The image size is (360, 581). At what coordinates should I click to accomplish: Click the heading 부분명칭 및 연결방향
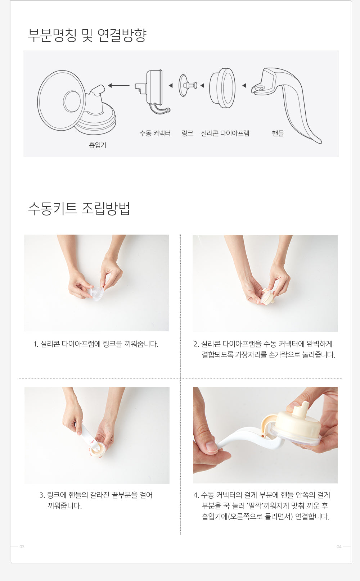(87, 35)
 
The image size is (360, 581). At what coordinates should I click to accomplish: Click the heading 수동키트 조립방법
(79, 209)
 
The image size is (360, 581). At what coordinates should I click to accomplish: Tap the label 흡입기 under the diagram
(98, 145)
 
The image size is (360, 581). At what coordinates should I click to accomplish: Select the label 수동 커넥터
(155, 133)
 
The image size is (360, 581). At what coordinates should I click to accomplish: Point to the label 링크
(188, 133)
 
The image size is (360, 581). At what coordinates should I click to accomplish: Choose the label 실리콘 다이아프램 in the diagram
(225, 133)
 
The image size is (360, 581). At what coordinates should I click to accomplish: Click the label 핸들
(278, 133)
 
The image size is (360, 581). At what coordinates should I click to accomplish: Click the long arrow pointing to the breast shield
(118, 85)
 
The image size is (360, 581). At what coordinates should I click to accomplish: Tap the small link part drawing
(188, 85)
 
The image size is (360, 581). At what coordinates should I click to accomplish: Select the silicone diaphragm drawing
(222, 88)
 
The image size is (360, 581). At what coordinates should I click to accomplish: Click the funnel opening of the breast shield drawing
(72, 101)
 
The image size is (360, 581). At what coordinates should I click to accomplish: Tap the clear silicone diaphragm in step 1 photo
(96, 293)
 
